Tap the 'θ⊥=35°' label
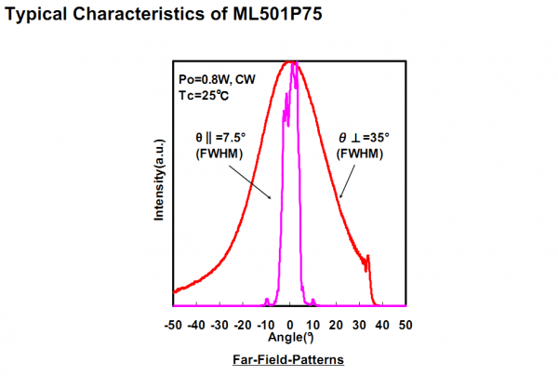click(363, 138)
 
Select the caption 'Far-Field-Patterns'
click(290, 359)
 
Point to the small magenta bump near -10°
click(267, 301)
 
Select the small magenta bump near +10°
click(313, 301)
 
